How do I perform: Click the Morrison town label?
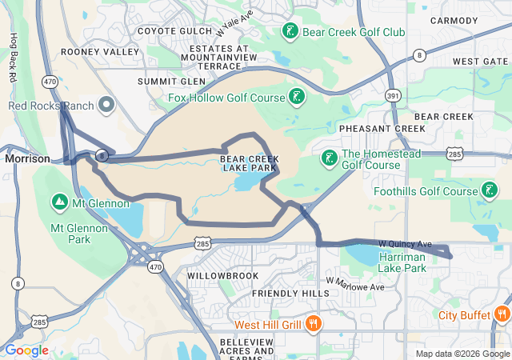[27, 158]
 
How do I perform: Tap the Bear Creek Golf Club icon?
[290, 32]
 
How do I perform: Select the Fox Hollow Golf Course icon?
[297, 98]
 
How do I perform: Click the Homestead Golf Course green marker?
[329, 158]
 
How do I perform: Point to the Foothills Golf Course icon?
[488, 191]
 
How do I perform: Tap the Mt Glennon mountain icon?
[59, 203]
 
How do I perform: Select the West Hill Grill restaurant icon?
[313, 325]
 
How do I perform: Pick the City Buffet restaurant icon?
[502, 314]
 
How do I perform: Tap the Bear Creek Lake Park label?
[249, 163]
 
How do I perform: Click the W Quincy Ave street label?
[405, 243]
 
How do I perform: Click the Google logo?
[27, 350]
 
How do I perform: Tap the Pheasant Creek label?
[382, 128]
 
